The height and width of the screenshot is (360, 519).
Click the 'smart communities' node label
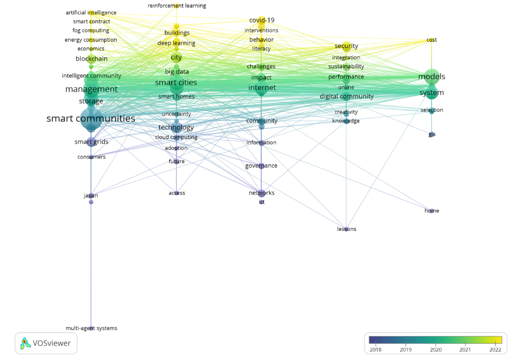[x=91, y=119]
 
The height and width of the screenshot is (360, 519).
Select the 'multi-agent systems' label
[x=91, y=328]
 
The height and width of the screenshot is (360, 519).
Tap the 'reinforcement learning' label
[x=177, y=6]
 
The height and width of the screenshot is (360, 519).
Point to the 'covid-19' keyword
[x=262, y=20]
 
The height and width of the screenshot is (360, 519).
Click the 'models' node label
[x=431, y=77]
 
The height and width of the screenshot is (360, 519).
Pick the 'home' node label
[x=432, y=211]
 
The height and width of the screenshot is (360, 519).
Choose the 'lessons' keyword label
[x=347, y=229]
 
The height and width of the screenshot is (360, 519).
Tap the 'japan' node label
[x=91, y=196]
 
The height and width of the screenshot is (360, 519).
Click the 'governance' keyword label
[x=261, y=166]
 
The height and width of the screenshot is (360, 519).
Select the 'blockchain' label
[x=91, y=59]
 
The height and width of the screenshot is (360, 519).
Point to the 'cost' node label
[x=432, y=40]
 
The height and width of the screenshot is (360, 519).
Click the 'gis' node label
[x=432, y=135]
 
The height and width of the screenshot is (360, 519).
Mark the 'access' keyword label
[x=177, y=193]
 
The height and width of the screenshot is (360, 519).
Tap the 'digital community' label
[x=347, y=97]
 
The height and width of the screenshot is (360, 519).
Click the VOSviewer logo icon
[x=26, y=343]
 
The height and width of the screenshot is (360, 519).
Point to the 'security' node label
[x=346, y=46]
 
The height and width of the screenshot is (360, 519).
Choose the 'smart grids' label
[x=91, y=142]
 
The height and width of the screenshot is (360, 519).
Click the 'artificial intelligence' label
[x=91, y=13]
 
